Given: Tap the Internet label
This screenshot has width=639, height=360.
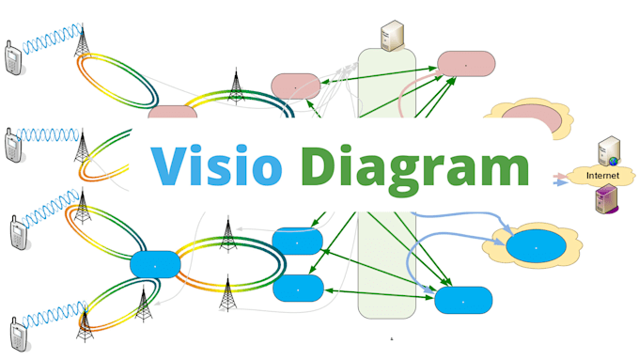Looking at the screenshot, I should pyautogui.click(x=602, y=176).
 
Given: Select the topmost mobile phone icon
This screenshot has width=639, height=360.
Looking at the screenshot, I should pyautogui.click(x=14, y=58).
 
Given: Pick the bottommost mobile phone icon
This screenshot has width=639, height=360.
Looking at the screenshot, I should pyautogui.click(x=16, y=335).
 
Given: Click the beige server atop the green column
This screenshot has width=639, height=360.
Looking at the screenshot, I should pyautogui.click(x=391, y=36).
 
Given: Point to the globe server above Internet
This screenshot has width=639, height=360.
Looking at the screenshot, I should pyautogui.click(x=608, y=149).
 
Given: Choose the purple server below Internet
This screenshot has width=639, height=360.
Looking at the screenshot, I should pyautogui.click(x=605, y=199).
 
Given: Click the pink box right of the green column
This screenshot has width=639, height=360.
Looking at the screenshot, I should pyautogui.click(x=466, y=64).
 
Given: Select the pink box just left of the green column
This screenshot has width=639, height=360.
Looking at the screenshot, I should pyautogui.click(x=296, y=86).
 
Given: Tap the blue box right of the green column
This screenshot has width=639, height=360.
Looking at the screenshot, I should pyautogui.click(x=463, y=300).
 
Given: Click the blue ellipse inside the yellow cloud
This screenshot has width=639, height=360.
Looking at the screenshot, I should pyautogui.click(x=537, y=246).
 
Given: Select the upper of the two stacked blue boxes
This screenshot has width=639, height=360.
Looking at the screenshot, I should pyautogui.click(x=298, y=242).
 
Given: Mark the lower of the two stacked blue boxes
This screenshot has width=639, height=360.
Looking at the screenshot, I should pyautogui.click(x=298, y=288).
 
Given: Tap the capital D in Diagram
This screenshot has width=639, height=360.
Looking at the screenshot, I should pyautogui.click(x=322, y=166).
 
